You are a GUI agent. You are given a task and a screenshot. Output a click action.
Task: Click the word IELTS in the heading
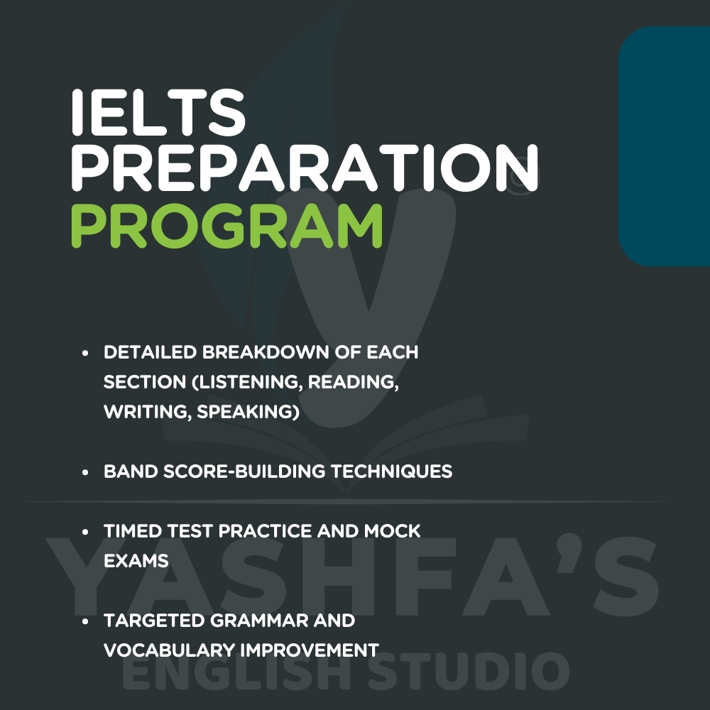pos(158,112)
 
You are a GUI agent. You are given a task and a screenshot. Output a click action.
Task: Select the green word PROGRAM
pos(227,225)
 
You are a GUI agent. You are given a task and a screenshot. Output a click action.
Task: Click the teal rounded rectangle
pos(665,146)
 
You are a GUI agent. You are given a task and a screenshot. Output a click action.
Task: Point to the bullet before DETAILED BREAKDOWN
pos(85,353)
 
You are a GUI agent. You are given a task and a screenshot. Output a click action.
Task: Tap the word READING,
pos(354,382)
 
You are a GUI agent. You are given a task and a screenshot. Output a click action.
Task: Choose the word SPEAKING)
pos(248,412)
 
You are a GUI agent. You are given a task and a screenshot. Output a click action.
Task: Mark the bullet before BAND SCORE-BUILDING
pos(85,472)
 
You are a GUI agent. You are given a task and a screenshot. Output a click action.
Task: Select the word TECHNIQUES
pos(392,471)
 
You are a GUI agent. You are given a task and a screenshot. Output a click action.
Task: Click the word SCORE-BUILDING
pos(244,471)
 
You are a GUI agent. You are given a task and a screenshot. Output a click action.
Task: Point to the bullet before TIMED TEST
pos(85,532)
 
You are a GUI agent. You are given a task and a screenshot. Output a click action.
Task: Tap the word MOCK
pos(393,531)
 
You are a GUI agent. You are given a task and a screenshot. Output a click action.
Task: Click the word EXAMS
pos(136,561)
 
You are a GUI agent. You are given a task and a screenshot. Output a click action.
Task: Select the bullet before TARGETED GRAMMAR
pos(85,622)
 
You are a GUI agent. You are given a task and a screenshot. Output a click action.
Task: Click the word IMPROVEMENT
pos(310,650)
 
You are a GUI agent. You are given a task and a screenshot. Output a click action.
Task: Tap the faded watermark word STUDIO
pos(469,671)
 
